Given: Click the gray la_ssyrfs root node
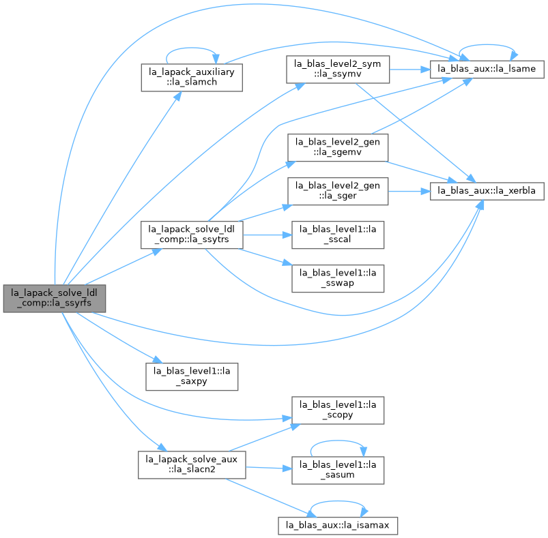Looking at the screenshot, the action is click(55, 299).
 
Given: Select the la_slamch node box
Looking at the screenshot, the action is click(192, 78).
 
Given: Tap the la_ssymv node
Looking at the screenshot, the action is click(338, 70).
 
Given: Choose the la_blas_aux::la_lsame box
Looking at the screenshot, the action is click(487, 69).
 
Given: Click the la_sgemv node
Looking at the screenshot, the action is click(338, 148).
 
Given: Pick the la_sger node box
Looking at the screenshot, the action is click(338, 192).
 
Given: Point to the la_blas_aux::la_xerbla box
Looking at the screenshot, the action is click(487, 192).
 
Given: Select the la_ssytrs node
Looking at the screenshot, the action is click(192, 235).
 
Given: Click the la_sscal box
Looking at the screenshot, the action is click(338, 235).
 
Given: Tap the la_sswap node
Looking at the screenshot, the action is click(338, 279).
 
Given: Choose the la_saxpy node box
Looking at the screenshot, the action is click(192, 376).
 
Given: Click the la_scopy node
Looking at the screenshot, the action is click(338, 410).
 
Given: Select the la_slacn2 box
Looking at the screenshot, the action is click(192, 465).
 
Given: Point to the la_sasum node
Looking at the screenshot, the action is click(338, 470).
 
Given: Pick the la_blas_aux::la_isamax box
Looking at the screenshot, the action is click(338, 526).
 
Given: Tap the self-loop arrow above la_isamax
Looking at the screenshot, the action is click(338, 501).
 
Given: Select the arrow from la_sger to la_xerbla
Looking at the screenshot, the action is click(409, 192).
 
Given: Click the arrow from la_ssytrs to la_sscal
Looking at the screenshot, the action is click(268, 235).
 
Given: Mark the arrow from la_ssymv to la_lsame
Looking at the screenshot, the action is click(409, 70).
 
